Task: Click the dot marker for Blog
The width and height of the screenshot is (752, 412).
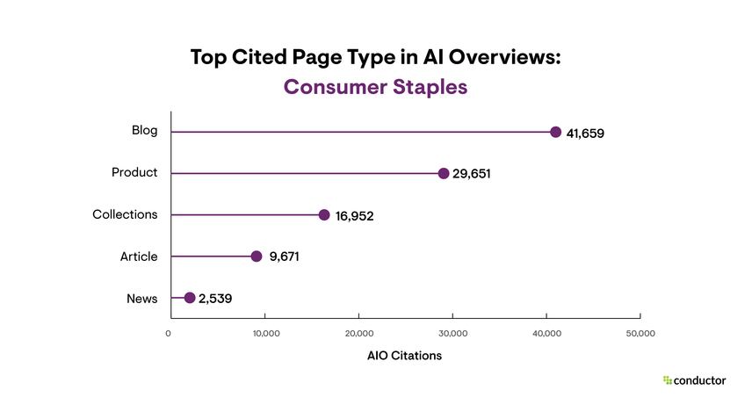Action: pos(555,132)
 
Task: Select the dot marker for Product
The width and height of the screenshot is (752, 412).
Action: pos(444,173)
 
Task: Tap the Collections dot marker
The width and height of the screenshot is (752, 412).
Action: pos(324,214)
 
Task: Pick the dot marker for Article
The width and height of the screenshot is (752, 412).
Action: pos(257,257)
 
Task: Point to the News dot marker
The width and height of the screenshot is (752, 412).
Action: pos(190,298)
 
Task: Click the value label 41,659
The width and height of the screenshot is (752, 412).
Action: pos(585,134)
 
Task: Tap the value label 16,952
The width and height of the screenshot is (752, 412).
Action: pos(354,216)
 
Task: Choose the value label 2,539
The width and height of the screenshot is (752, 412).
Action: pos(215,299)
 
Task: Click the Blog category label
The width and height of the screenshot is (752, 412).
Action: pos(144,131)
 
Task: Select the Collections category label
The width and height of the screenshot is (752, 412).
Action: pos(125,214)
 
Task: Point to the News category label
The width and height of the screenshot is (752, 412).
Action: pos(142,299)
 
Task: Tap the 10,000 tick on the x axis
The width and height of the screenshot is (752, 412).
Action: pos(265,333)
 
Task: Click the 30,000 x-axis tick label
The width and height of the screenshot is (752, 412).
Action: pos(453,333)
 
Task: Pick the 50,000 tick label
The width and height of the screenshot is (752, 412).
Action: pos(640,333)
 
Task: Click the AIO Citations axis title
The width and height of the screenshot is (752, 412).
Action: pos(404,357)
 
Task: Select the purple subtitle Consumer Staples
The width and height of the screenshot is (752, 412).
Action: pos(375,88)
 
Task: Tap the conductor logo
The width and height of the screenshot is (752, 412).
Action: pos(694,380)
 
